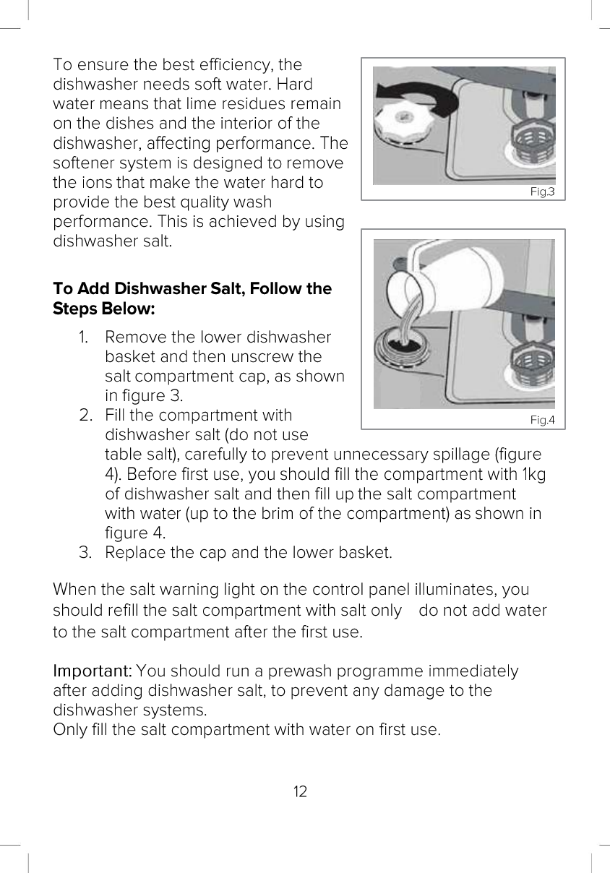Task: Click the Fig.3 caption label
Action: [542, 192]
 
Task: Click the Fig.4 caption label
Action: [542, 420]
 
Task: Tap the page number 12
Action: [300, 791]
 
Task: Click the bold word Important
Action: [93, 671]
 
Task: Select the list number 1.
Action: [83, 337]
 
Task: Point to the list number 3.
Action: [85, 553]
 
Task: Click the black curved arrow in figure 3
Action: [417, 95]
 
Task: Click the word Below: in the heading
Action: [128, 309]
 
